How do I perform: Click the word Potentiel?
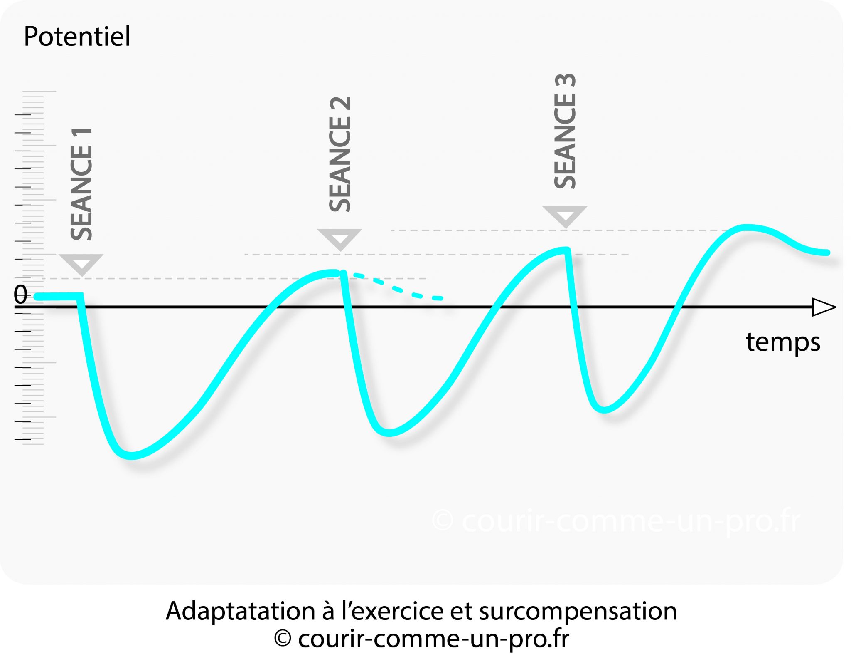tap(77, 37)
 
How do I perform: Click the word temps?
tap(782, 343)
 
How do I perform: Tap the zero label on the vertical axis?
tap(20, 295)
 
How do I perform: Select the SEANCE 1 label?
tap(82, 184)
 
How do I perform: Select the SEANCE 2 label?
tap(340, 154)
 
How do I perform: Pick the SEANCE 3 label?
tap(566, 131)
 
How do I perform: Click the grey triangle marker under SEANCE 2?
tap(339, 239)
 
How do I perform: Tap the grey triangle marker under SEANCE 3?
tap(565, 216)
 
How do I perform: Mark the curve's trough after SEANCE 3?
tap(603, 409)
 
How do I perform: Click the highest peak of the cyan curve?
tap(746, 227)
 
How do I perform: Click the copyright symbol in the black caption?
tap(283, 639)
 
